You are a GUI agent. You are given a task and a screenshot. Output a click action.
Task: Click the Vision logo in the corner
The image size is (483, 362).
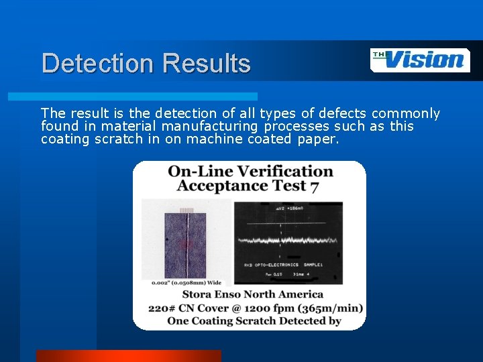pyautogui.click(x=420, y=60)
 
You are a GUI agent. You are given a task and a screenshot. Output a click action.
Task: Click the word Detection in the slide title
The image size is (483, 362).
pyautogui.click(x=97, y=64)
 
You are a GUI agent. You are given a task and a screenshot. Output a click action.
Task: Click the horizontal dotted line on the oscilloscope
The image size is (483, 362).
pyautogui.click(x=288, y=223)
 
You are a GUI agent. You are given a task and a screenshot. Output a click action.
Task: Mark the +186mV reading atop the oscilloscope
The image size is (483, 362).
pyautogui.click(x=294, y=208)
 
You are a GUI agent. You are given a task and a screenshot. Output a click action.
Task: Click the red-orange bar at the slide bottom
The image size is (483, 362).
pyautogui.click(x=127, y=356)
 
